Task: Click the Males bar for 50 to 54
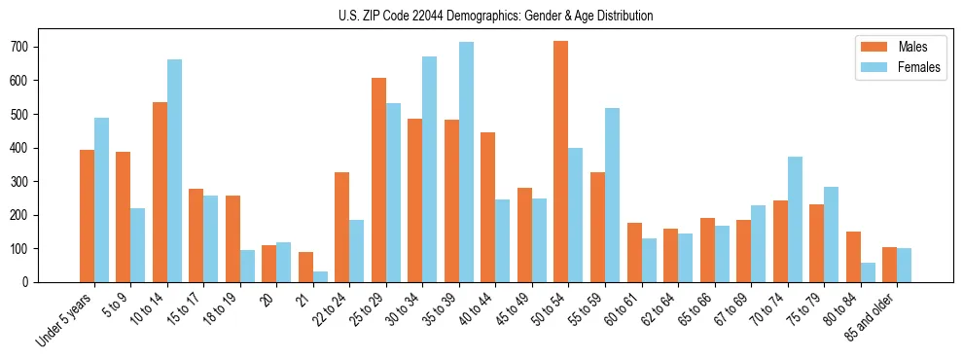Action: [560, 162]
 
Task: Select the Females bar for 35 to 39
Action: [466, 162]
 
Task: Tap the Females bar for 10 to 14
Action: [174, 170]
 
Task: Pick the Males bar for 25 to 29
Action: [378, 180]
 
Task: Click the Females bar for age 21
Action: [320, 276]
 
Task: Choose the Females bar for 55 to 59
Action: [612, 195]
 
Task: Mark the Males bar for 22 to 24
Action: [341, 227]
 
